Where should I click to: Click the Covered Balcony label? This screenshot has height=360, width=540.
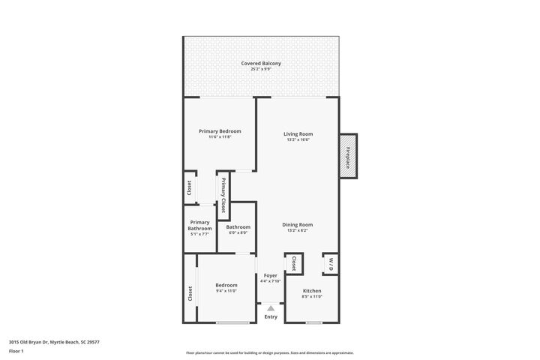point(261,64)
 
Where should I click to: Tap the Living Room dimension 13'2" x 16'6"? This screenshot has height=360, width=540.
point(298,140)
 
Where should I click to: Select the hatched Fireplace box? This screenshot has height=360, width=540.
point(349,157)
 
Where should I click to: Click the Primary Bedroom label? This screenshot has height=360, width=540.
point(220,131)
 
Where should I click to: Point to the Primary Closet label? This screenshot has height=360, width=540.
point(223,195)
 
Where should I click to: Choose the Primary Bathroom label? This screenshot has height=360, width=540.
point(199,225)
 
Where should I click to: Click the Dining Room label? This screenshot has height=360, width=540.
point(298,225)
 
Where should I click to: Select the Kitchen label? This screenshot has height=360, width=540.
point(312,290)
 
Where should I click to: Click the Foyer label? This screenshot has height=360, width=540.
point(270,275)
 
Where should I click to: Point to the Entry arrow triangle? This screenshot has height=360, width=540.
point(271,307)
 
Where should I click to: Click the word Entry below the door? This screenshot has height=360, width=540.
point(271,317)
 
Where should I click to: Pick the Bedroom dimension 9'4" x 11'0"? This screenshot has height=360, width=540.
point(226,291)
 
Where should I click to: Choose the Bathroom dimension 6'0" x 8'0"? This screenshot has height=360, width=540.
point(238,232)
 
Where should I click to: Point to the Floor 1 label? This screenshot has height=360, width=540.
point(16,350)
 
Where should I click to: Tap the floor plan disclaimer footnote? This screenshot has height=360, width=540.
point(270,352)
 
